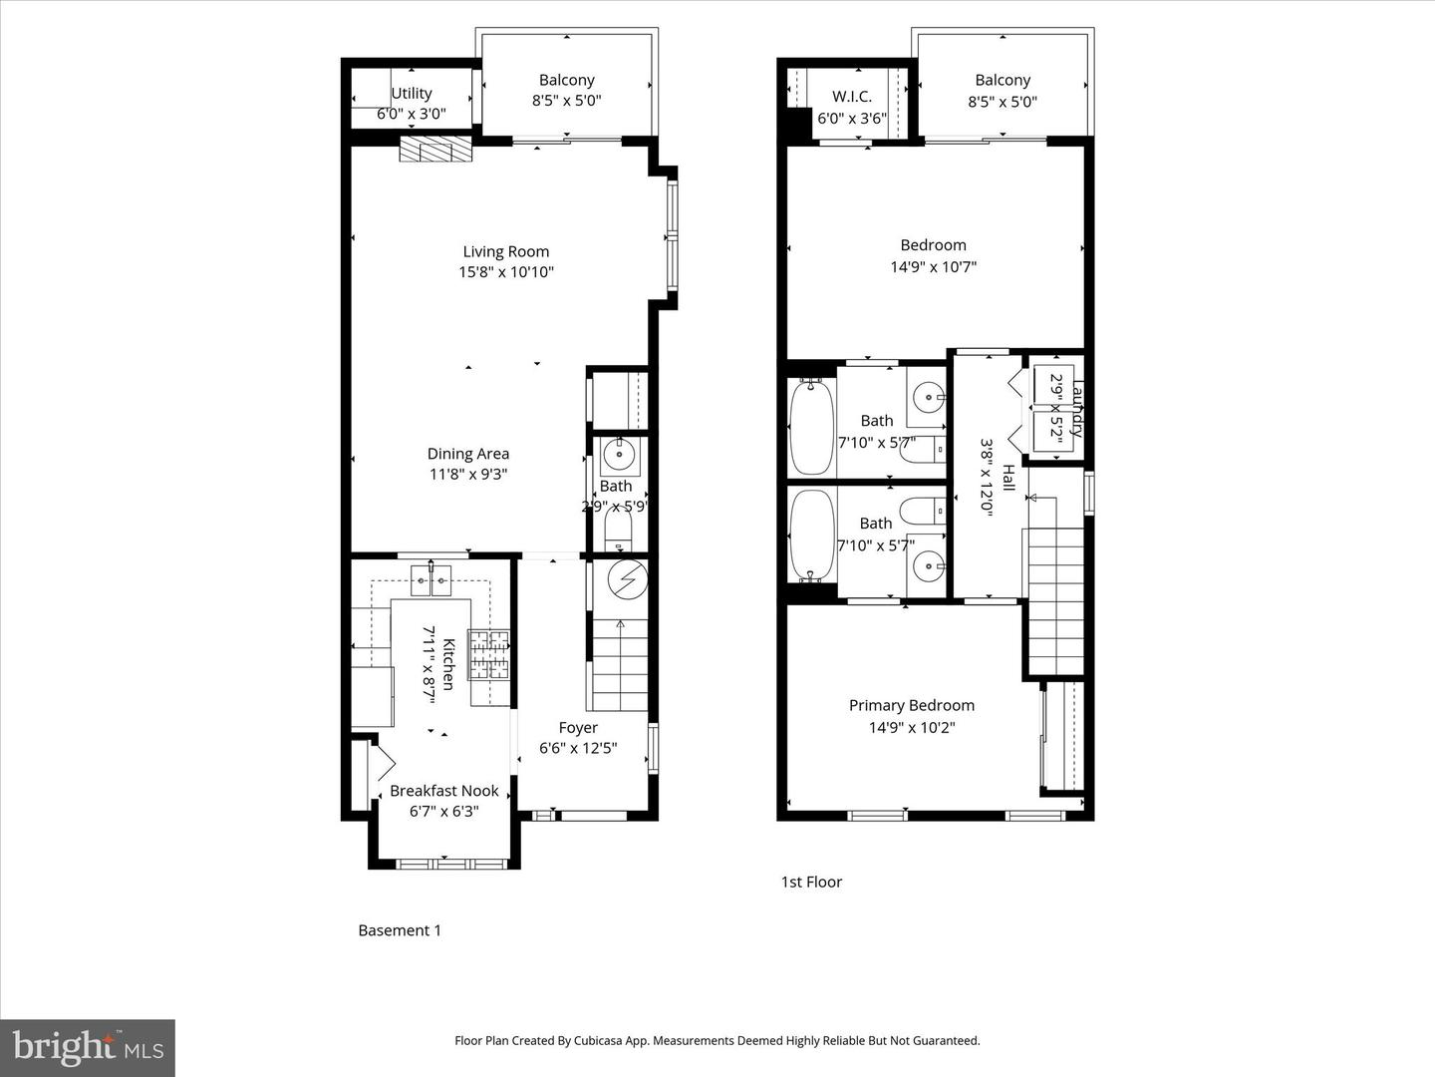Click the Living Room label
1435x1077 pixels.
click(x=505, y=251)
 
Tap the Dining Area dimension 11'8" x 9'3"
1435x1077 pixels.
click(x=468, y=475)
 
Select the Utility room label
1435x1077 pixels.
click(x=411, y=93)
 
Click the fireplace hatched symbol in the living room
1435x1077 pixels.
click(x=435, y=150)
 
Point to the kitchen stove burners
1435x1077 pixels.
click(x=489, y=653)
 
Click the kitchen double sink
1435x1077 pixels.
click(x=431, y=579)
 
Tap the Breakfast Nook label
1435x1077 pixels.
click(x=443, y=791)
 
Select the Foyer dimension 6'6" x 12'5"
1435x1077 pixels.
click(x=578, y=748)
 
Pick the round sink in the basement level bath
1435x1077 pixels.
click(x=620, y=455)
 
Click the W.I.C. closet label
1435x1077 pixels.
click(x=852, y=97)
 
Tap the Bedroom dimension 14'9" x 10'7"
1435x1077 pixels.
click(x=933, y=266)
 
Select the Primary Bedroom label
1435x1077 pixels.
click(x=911, y=705)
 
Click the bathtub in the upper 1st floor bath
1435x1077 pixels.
click(x=811, y=428)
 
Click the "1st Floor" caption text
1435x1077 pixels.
click(x=810, y=882)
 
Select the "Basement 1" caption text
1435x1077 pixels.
click(x=399, y=930)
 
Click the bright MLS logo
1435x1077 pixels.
click(x=88, y=1047)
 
